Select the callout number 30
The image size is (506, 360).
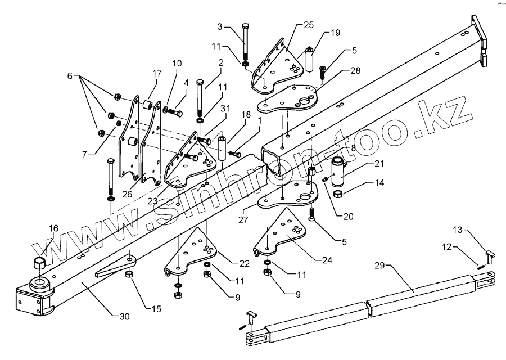click(124, 317)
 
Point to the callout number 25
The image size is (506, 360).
click(308, 25)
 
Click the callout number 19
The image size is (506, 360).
click(335, 33)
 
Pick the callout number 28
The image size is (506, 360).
click(339, 71)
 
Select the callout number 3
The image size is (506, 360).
click(220, 26)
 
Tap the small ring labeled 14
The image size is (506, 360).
click(339, 195)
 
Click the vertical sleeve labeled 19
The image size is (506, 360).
click(309, 58)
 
